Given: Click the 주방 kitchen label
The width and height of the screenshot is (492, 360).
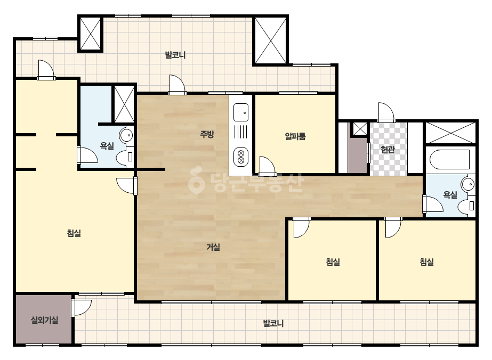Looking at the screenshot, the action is [207, 134].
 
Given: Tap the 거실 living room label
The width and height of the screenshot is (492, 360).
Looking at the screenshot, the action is [213, 247].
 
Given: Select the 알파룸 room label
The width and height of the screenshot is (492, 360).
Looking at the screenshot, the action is [295, 136].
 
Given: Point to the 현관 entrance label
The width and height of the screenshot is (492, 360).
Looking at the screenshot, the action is [388, 149].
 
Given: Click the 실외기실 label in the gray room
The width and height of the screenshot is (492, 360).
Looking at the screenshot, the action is [44, 320].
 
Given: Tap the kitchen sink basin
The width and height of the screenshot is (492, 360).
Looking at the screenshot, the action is [241, 112].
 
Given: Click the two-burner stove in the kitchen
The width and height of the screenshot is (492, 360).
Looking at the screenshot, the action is [241, 157].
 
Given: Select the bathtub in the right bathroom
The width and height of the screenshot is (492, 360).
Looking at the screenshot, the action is [449, 160].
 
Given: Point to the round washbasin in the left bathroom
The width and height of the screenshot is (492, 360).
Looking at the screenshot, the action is [126, 136].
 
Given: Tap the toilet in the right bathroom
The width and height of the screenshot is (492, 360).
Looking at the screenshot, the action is [466, 206].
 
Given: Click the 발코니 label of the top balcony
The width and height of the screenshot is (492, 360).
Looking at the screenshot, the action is [175, 55].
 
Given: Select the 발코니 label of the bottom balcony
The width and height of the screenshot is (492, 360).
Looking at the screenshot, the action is [273, 323].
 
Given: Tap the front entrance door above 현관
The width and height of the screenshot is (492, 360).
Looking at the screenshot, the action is [386, 112].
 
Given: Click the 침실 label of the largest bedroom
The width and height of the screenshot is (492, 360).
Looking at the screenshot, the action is [74, 233].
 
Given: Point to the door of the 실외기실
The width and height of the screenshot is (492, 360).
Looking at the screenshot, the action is [81, 308].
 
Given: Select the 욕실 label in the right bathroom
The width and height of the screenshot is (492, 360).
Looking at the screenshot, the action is [450, 195].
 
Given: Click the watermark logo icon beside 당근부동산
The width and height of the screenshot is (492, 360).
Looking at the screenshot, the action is [196, 181].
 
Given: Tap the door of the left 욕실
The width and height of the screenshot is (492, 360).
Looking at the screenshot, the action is [87, 154].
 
